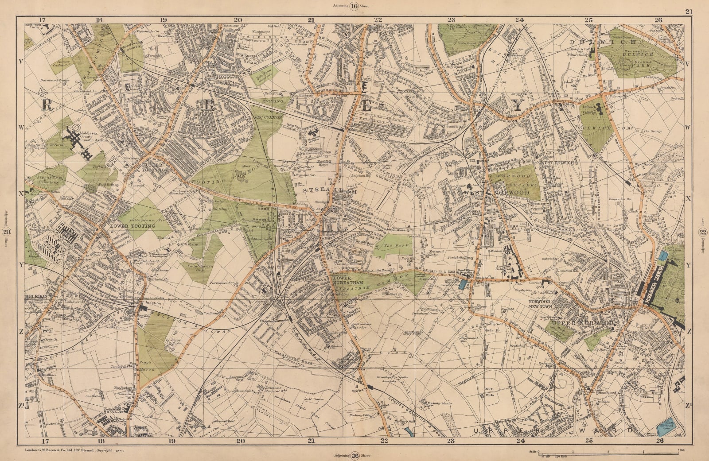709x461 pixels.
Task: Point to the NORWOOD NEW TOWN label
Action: (541, 304)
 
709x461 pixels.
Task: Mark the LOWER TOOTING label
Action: (133, 226)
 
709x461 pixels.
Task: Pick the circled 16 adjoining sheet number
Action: (354, 6)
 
